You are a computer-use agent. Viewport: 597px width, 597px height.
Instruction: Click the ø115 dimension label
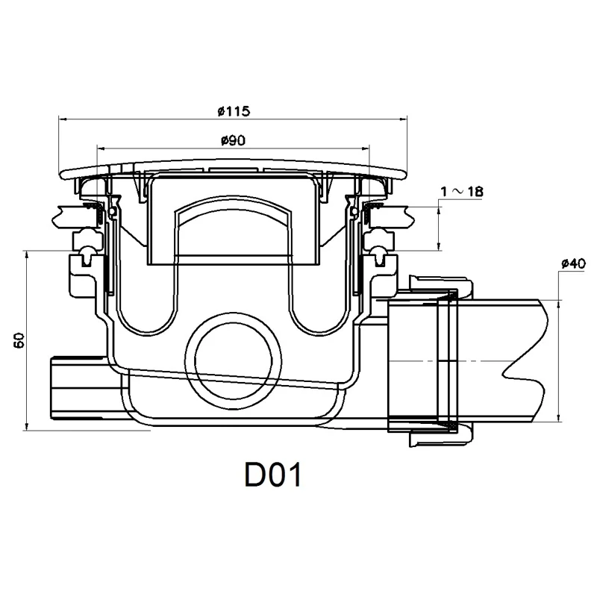(x=234, y=110)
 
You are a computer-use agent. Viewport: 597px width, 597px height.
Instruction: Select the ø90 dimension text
(x=234, y=139)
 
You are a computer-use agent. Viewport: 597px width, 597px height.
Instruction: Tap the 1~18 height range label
(x=462, y=192)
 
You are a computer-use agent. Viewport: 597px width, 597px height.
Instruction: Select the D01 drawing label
(x=272, y=475)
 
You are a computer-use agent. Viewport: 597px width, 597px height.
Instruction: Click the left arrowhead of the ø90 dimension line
(x=99, y=146)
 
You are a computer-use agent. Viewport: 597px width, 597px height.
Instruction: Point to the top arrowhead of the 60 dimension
(x=27, y=255)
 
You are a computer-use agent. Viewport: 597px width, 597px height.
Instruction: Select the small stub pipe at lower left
(x=75, y=393)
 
